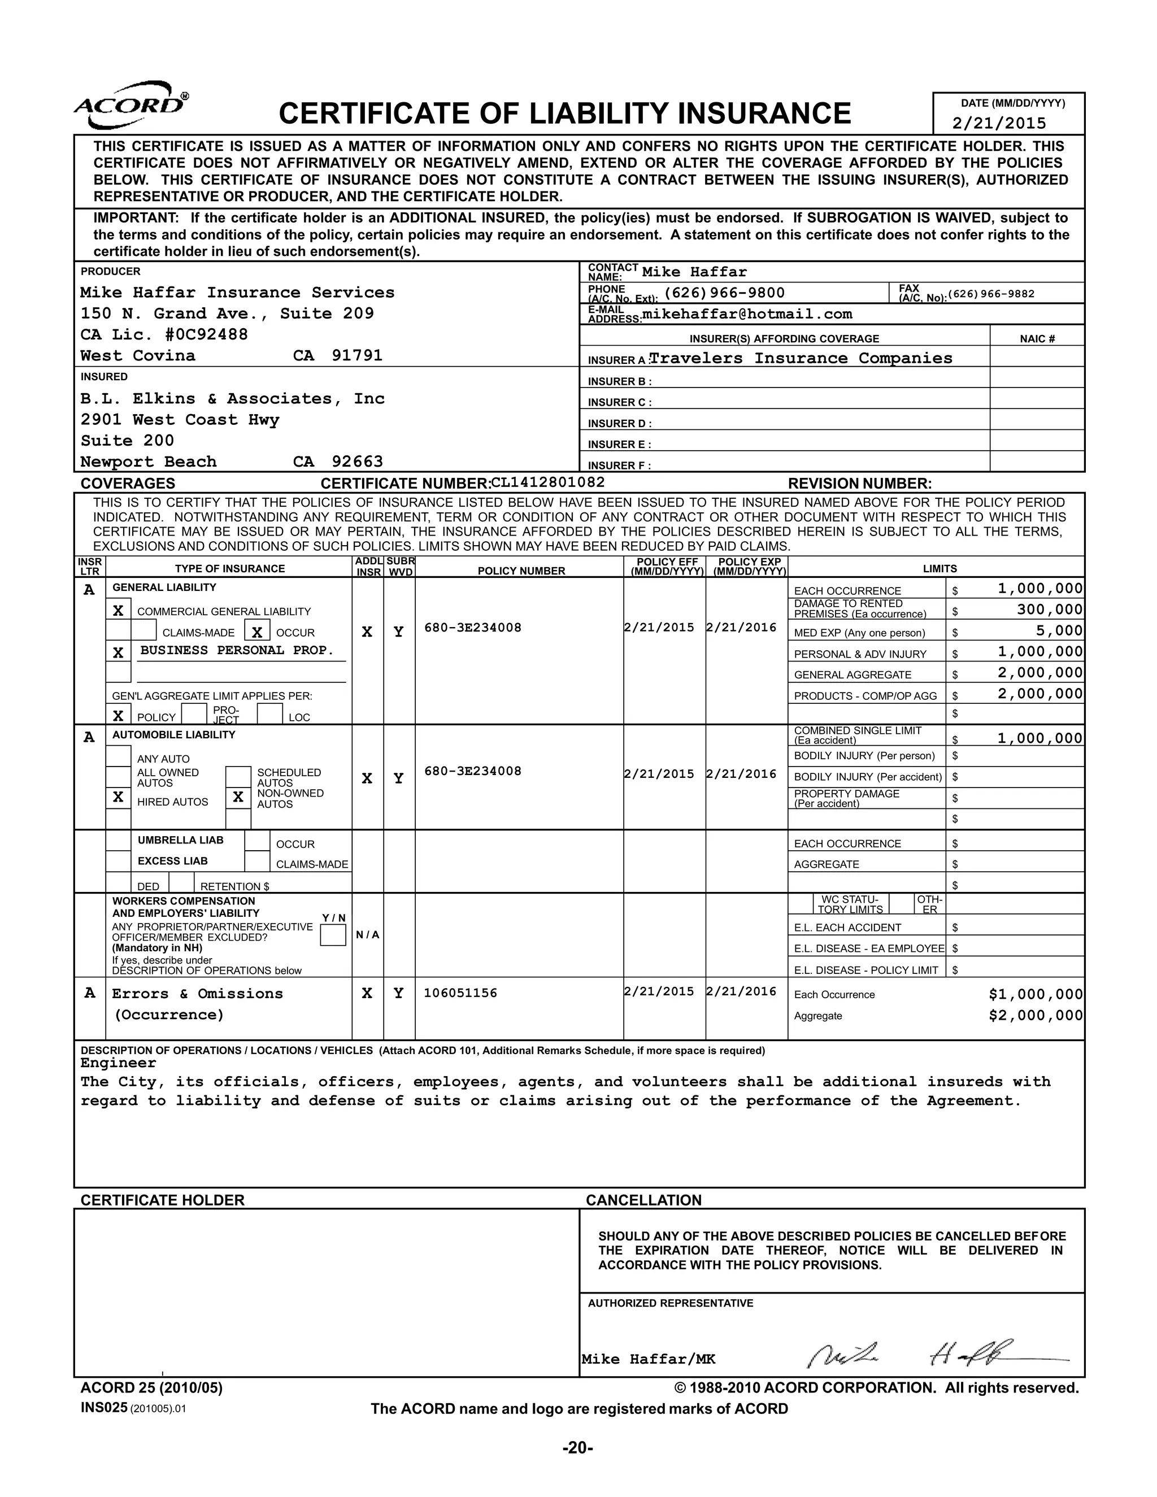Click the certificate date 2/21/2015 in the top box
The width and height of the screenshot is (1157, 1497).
click(x=999, y=123)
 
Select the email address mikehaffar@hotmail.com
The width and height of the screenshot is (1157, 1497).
click(x=747, y=315)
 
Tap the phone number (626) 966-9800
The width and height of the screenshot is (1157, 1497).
click(x=724, y=293)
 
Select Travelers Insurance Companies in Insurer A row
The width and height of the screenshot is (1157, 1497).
click(x=801, y=359)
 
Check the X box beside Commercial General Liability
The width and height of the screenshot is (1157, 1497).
click(x=119, y=611)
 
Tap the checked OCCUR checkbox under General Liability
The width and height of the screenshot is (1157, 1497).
click(x=257, y=632)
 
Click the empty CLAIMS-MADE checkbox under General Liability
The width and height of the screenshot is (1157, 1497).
click(x=144, y=632)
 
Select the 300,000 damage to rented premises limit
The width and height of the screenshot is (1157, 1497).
click(x=1050, y=610)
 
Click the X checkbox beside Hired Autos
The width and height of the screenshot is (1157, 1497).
click(x=119, y=797)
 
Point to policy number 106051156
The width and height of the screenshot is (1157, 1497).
click(x=460, y=993)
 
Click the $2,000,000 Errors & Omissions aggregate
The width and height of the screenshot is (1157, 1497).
click(x=1035, y=1016)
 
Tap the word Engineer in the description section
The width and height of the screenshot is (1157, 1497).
click(x=118, y=1063)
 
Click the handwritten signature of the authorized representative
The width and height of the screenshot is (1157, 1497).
click(x=932, y=1353)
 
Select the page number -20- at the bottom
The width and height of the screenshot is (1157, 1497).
click(x=578, y=1448)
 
